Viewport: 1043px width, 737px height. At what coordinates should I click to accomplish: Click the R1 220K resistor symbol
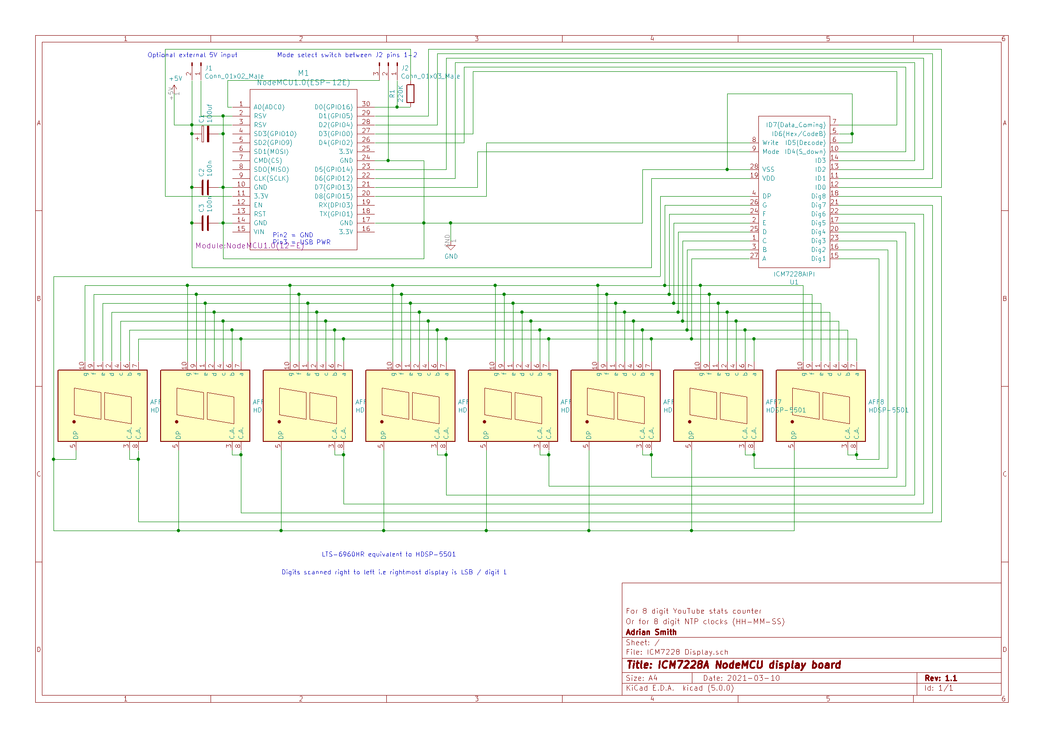tap(410, 94)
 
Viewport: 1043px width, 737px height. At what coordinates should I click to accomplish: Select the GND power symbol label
tap(451, 256)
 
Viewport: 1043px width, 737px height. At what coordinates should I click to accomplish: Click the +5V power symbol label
tap(175, 78)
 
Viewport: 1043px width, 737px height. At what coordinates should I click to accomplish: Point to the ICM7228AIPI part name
tap(794, 274)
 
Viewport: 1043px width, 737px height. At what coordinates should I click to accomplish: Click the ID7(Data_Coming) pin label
tap(795, 125)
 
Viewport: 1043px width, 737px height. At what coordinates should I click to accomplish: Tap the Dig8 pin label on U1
tap(818, 196)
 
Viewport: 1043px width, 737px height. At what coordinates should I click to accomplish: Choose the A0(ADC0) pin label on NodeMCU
tap(269, 107)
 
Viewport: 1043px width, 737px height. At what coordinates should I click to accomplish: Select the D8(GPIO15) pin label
tap(333, 196)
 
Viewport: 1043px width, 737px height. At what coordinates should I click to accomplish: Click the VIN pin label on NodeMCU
tap(259, 232)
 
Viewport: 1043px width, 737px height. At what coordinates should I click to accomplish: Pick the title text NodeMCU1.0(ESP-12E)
tap(303, 82)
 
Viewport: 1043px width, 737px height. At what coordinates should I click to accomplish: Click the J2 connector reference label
tap(405, 68)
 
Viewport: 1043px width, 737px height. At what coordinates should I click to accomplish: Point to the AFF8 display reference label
tap(876, 402)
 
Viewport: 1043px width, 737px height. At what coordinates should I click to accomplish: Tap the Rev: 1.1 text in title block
tap(940, 678)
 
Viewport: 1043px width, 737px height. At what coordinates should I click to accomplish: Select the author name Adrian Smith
tap(651, 632)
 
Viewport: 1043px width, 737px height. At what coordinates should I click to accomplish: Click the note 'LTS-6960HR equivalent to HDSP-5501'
tap(389, 554)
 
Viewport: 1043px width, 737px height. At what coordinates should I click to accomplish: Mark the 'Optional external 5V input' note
tap(192, 55)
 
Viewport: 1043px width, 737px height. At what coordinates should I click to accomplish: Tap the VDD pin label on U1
tap(769, 178)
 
